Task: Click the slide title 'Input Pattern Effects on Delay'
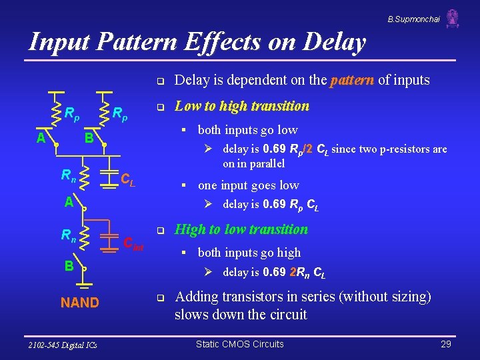pos(197,42)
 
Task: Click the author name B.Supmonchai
pos(413,19)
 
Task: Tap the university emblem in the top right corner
pos(453,18)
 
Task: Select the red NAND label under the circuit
pos(79,303)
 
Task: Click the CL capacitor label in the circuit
pos(128,179)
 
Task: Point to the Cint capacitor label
pos(133,243)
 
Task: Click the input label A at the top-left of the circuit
pos(41,138)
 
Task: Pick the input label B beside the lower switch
pos(69,265)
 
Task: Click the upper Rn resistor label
pos(68,175)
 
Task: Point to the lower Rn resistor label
pos(68,235)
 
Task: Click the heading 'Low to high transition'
pos(241,106)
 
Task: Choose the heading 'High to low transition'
pos(241,229)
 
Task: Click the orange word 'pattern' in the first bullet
pos(352,81)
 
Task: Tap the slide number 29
pos(446,344)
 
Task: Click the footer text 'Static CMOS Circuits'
pos(239,344)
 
